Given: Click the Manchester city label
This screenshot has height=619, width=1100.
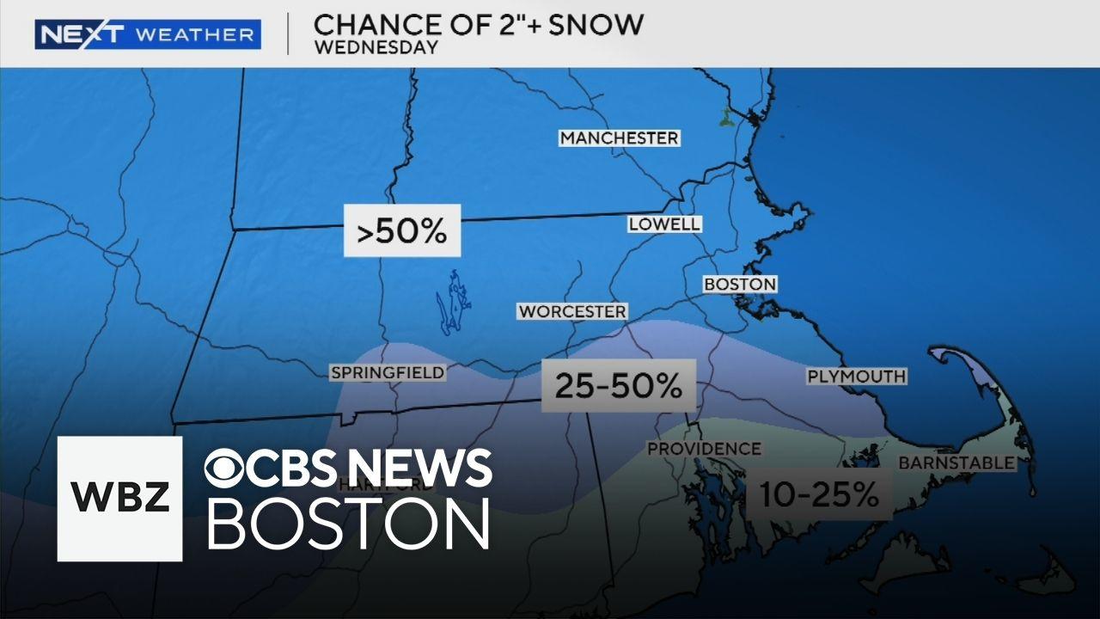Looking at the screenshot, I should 619,138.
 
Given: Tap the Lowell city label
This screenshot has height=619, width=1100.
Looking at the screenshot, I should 664,224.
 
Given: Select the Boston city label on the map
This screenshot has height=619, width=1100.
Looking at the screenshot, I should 740,284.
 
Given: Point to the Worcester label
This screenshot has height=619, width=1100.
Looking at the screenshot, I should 572,311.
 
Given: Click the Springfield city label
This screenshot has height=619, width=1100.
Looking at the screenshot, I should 388,372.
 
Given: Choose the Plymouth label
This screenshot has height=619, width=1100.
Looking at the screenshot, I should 856,376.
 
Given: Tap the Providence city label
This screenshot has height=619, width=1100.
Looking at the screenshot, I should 704,449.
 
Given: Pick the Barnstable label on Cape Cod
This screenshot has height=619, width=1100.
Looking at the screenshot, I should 956,463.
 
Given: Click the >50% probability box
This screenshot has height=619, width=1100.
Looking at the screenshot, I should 402,230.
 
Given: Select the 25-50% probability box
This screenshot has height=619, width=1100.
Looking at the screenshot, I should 618,385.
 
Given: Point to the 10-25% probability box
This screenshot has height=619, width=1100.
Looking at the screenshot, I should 818,493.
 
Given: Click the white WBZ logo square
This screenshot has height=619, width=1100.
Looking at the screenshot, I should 119,499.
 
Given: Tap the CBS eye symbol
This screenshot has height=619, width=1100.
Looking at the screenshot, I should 225,469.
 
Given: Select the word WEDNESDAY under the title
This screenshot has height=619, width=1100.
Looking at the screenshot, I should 376,47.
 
